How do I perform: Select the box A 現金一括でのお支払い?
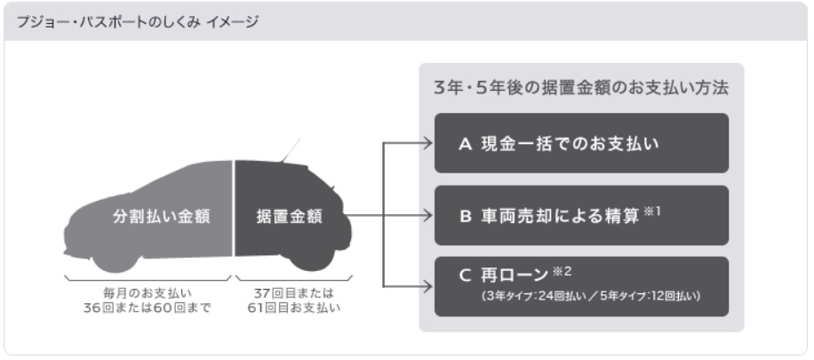point(581,143)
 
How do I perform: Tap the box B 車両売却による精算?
point(581,215)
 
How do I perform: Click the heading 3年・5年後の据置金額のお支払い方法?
point(581,90)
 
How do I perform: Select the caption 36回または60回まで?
point(148,308)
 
